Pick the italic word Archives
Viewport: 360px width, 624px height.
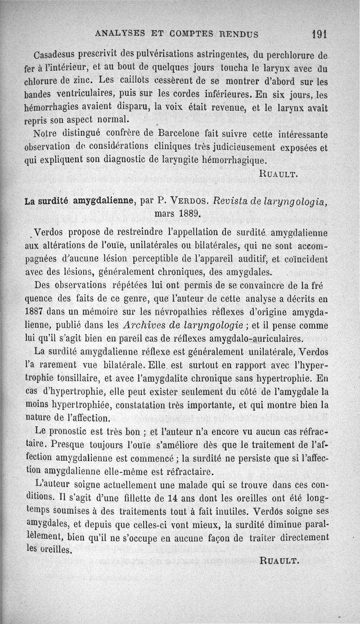pyautogui.click(x=144, y=325)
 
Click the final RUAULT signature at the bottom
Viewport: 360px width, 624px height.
pyautogui.click(x=279, y=560)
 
